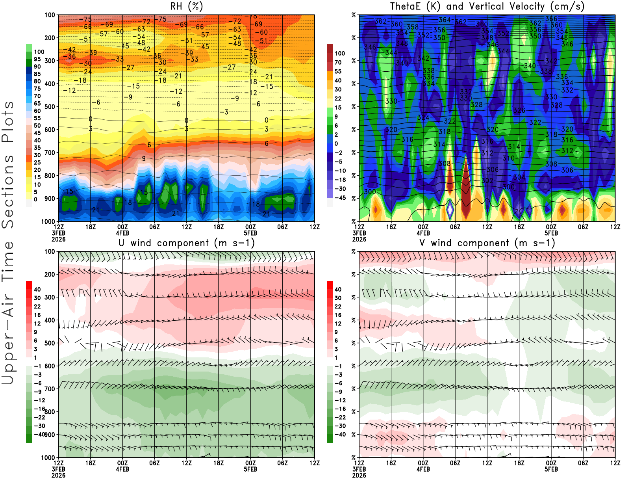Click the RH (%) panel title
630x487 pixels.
(186, 7)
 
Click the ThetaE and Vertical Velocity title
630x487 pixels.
(487, 7)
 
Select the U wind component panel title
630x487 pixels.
(187, 243)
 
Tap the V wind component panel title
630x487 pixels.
(487, 243)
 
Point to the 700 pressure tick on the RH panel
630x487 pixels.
(50, 152)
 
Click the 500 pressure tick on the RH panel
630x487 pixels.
(50, 107)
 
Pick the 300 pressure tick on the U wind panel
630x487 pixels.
(50, 297)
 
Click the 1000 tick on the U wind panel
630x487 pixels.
(48, 457)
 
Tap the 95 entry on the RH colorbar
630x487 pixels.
(37, 59)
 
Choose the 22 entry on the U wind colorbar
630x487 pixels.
(37, 307)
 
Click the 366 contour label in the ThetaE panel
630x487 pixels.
(551, 19)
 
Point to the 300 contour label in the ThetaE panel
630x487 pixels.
(370, 192)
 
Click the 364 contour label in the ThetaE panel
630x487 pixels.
(445, 20)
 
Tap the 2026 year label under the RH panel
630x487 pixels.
(59, 239)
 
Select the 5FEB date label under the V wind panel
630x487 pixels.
(551, 469)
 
